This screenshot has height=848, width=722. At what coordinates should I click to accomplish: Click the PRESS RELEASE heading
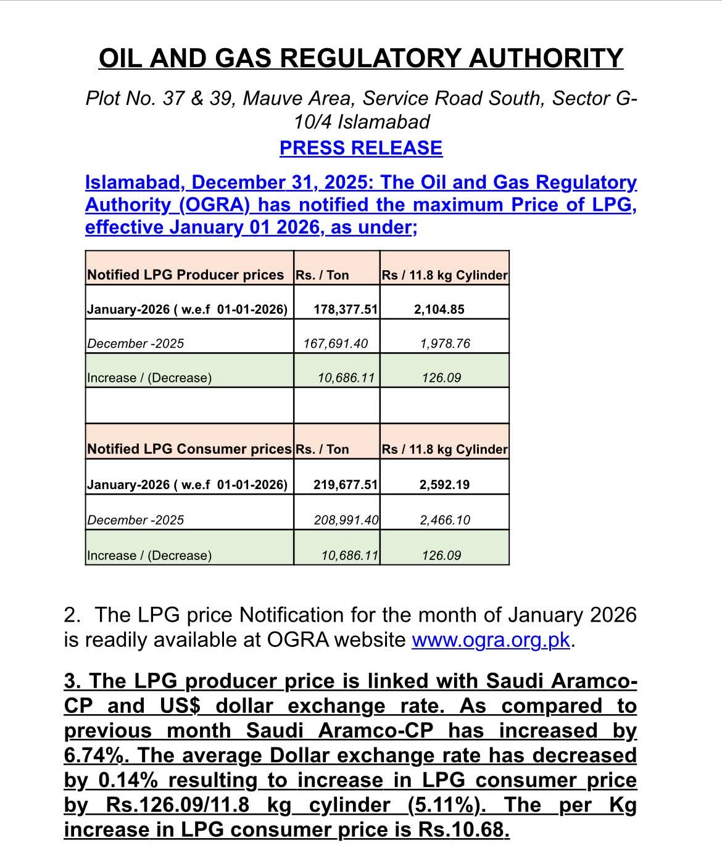point(361,148)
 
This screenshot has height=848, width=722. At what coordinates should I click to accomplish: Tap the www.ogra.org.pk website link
point(491,640)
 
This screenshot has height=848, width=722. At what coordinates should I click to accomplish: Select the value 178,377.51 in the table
point(345,310)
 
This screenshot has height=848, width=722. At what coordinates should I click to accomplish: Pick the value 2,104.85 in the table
point(439,310)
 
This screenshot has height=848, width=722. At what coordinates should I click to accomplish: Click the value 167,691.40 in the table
point(335,344)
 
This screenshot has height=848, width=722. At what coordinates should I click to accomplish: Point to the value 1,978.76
point(445,344)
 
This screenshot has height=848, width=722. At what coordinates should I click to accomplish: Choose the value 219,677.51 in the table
point(345,485)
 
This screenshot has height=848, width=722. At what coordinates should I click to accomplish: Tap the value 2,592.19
point(444,485)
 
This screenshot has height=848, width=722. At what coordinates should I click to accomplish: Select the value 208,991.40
point(346,520)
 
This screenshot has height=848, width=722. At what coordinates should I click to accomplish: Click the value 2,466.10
point(445,520)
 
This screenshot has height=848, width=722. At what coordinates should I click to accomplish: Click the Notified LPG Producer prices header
point(185,275)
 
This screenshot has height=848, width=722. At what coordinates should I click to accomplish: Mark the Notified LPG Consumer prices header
point(189,449)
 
